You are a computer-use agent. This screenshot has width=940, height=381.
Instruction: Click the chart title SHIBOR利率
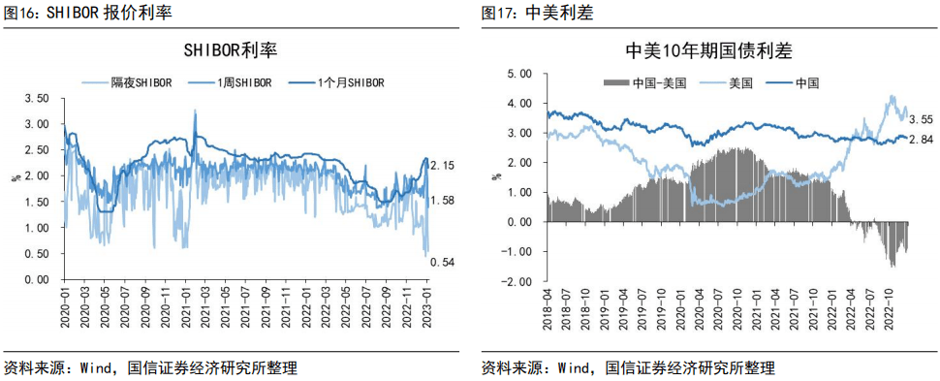[236, 51]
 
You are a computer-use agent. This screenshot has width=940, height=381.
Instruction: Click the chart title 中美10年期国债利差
[709, 51]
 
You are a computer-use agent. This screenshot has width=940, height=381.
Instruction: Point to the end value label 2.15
[442, 166]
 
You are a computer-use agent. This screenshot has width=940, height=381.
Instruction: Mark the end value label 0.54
[442, 262]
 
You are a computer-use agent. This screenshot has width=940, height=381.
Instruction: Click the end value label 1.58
[442, 201]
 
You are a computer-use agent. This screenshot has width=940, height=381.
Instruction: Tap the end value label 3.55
[921, 119]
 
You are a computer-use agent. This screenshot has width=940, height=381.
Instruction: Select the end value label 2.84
[921, 142]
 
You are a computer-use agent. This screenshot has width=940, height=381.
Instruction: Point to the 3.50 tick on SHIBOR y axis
[36, 99]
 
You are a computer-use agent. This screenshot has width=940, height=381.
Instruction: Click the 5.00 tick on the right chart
[519, 74]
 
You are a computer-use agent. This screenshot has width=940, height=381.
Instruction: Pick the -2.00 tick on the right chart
[517, 282]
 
